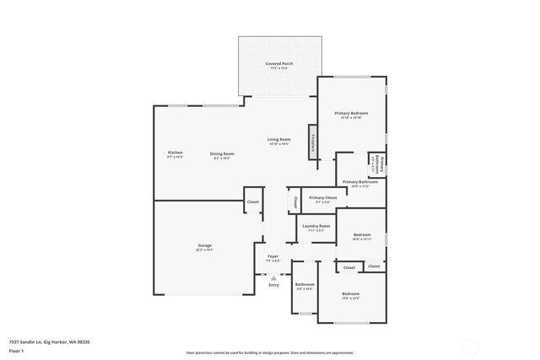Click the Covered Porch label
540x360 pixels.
coord(278,64)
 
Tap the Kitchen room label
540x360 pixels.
coord(175,153)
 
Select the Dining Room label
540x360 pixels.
coord(223,153)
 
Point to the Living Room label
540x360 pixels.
coord(279,139)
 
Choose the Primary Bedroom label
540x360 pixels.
coord(350,113)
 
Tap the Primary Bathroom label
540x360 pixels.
coord(360,182)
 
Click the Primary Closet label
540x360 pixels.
coord(322,198)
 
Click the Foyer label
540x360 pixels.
coord(273,256)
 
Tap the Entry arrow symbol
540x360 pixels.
coord(273,277)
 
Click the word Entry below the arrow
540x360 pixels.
coord(273,285)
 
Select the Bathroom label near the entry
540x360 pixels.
coord(304,285)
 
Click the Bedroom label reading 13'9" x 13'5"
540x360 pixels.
coord(351,294)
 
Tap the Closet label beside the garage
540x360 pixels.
coord(252,202)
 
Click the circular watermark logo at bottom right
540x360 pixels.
coord(471,346)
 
